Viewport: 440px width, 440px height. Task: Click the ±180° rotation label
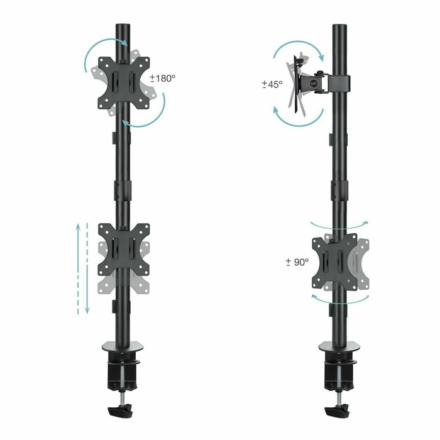pyautogui.click(x=163, y=79)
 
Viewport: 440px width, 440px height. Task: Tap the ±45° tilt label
pyautogui.click(x=272, y=84)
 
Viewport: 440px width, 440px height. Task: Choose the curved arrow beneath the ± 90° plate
pyautogui.click(x=340, y=299)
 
